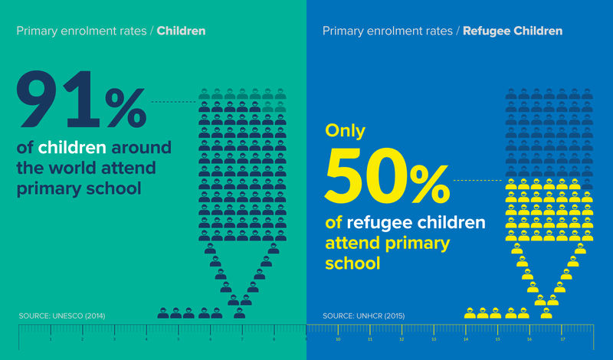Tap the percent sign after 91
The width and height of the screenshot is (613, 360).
coord(125,109)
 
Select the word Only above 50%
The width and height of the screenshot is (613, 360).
coord(345,131)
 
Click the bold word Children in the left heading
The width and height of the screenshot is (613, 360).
coord(181,31)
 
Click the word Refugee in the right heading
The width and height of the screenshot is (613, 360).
coord(487,31)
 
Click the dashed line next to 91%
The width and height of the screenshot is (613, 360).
coord(174,101)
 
